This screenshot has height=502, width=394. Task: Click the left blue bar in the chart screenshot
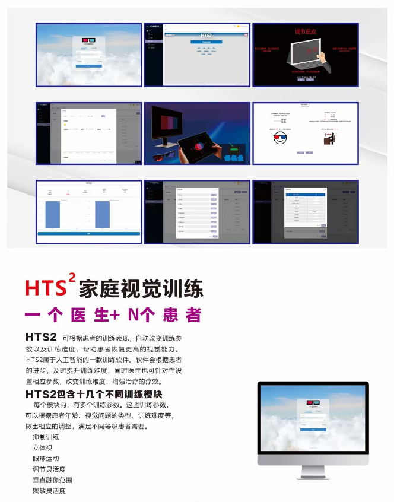click(x=53, y=214)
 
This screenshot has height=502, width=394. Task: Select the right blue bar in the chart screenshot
click(x=103, y=214)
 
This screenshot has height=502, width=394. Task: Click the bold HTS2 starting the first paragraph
click(x=41, y=337)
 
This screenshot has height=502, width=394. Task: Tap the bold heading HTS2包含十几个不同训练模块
click(x=94, y=394)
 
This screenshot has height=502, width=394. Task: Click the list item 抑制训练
click(x=46, y=437)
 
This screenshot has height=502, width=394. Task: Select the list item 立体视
click(x=42, y=448)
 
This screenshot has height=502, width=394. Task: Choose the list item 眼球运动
click(x=46, y=459)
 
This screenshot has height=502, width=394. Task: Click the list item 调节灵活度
click(x=49, y=469)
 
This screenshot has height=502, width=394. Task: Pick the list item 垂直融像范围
click(x=52, y=480)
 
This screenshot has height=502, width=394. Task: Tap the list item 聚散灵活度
click(x=49, y=491)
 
